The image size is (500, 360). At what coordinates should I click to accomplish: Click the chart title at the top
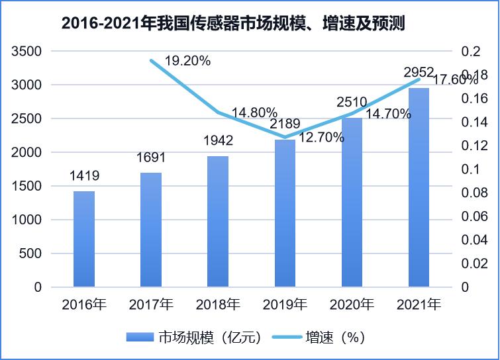[232, 24]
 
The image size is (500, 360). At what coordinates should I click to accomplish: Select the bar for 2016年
[84, 239]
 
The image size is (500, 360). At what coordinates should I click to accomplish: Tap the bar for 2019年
[285, 213]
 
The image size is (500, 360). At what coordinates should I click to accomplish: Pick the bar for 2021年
[419, 187]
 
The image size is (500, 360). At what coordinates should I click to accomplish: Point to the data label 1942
[218, 141]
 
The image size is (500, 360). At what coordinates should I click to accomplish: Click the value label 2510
[352, 102]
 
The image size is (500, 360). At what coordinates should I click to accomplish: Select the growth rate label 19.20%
[187, 61]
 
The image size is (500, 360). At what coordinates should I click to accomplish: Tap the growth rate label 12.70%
[321, 138]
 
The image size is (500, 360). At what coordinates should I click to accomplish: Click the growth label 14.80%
[254, 112]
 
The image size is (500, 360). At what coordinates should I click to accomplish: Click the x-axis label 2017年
[151, 305]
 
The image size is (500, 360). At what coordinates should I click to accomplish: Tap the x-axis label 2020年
[352, 305]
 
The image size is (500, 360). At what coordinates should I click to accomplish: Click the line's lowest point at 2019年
[285, 138]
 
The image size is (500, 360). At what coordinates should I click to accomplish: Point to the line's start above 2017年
[151, 60]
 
